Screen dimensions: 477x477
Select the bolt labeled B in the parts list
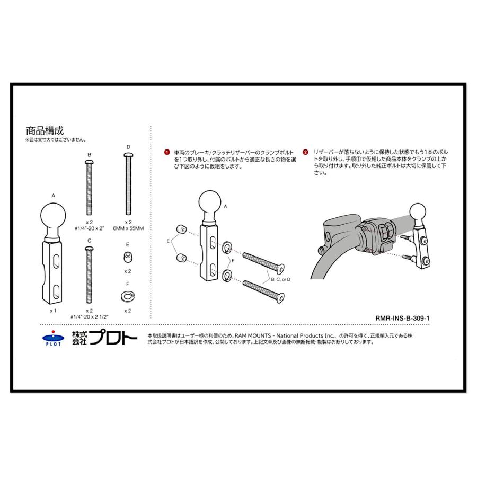tap(90, 185)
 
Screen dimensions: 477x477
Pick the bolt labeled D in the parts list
tap(128, 183)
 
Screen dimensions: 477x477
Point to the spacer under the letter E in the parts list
tap(128, 258)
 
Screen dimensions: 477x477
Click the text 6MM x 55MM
tap(128, 228)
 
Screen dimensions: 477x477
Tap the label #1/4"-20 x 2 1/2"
tap(90, 316)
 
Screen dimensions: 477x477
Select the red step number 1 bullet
tap(166, 152)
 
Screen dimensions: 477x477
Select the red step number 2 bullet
tap(305, 152)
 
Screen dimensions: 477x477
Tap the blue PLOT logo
tap(52, 338)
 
